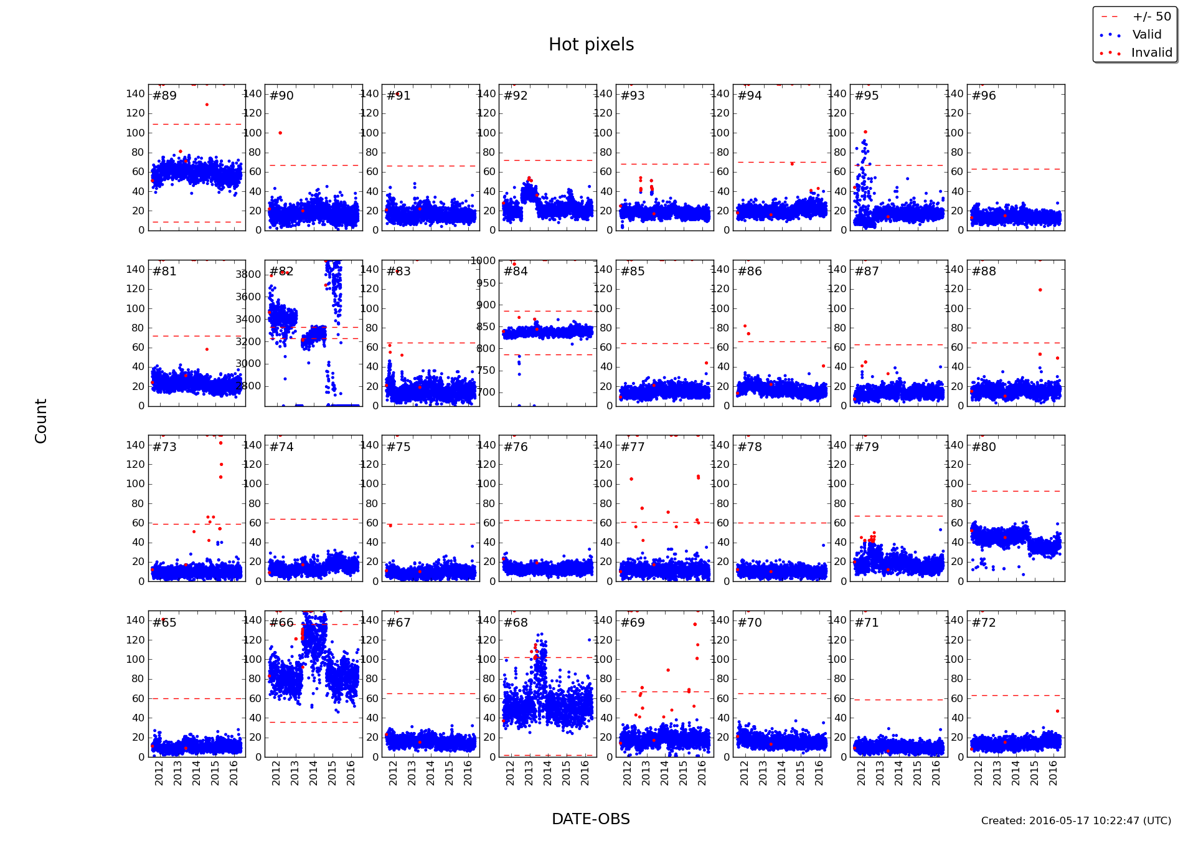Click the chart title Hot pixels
click(591, 45)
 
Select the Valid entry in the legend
click(1146, 35)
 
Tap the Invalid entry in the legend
click(1151, 53)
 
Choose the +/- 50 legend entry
click(1151, 17)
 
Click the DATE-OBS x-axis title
click(590, 819)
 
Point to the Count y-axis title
click(41, 421)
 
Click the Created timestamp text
click(1075, 821)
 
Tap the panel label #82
click(281, 272)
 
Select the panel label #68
click(516, 623)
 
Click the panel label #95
click(867, 96)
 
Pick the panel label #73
click(164, 447)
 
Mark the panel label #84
click(516, 272)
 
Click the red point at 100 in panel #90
click(280, 133)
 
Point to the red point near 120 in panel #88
click(1040, 290)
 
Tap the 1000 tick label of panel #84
click(483, 261)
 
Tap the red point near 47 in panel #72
click(1057, 711)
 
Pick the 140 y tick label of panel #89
click(135, 94)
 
